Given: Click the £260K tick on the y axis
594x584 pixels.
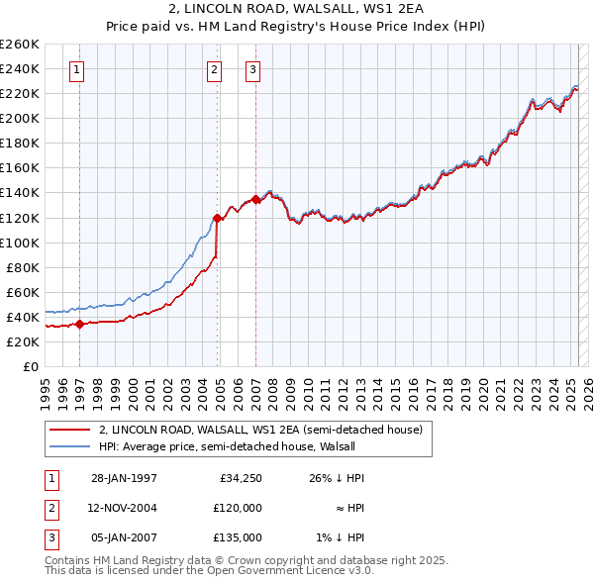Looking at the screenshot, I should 21,45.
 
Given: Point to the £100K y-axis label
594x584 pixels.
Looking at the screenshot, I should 21,243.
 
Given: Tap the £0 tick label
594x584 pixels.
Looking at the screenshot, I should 32,366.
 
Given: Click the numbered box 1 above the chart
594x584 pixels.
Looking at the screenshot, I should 77,69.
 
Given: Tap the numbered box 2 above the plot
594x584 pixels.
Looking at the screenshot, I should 215,69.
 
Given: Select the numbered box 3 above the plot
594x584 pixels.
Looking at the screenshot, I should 253,69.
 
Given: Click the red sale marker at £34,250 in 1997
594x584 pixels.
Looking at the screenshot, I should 79,324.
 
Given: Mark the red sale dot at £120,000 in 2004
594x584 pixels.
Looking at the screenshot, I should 217,217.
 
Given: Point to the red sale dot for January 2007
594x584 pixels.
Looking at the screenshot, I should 255,199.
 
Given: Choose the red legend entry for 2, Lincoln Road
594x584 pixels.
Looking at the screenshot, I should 260,430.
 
